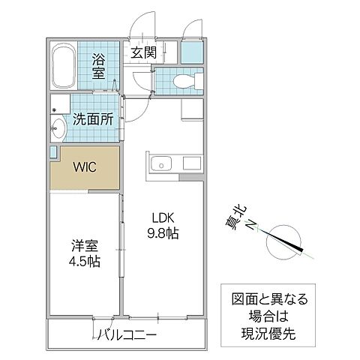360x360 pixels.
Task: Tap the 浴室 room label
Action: [x=98, y=66]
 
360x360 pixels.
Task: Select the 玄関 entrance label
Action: [x=144, y=52]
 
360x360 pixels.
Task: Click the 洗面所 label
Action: [x=93, y=119]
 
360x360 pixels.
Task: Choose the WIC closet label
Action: [x=85, y=167]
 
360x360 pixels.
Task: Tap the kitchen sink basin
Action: [x=161, y=163]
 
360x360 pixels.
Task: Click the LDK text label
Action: [x=163, y=218]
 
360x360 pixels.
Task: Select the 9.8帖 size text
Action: [x=163, y=233]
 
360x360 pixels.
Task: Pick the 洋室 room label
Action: [x=85, y=246]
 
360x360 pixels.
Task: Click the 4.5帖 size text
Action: [x=85, y=262]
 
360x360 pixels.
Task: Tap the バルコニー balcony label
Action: [x=127, y=334]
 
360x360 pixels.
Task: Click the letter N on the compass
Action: [x=252, y=226]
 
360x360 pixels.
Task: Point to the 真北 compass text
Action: [x=235, y=217]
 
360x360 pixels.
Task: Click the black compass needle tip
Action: [x=302, y=250]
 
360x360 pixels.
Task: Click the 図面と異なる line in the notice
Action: [x=269, y=299]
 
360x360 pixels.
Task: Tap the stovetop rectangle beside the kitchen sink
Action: [x=192, y=163]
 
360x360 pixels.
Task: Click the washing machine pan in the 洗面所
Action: [x=60, y=103]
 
